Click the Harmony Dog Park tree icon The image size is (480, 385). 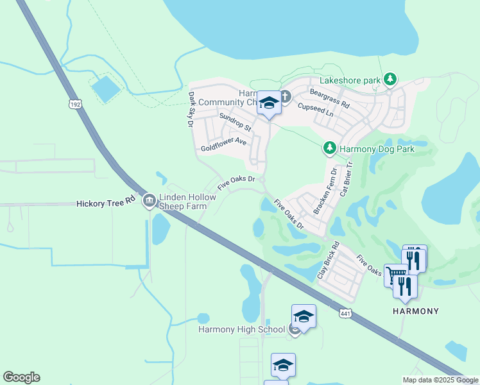(330, 149)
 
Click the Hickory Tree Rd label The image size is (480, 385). (106, 202)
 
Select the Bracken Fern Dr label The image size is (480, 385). (325, 191)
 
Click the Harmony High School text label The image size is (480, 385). (241, 330)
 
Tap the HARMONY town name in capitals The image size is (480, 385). (416, 311)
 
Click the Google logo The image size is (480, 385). (21, 377)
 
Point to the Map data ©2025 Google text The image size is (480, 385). (440, 380)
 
